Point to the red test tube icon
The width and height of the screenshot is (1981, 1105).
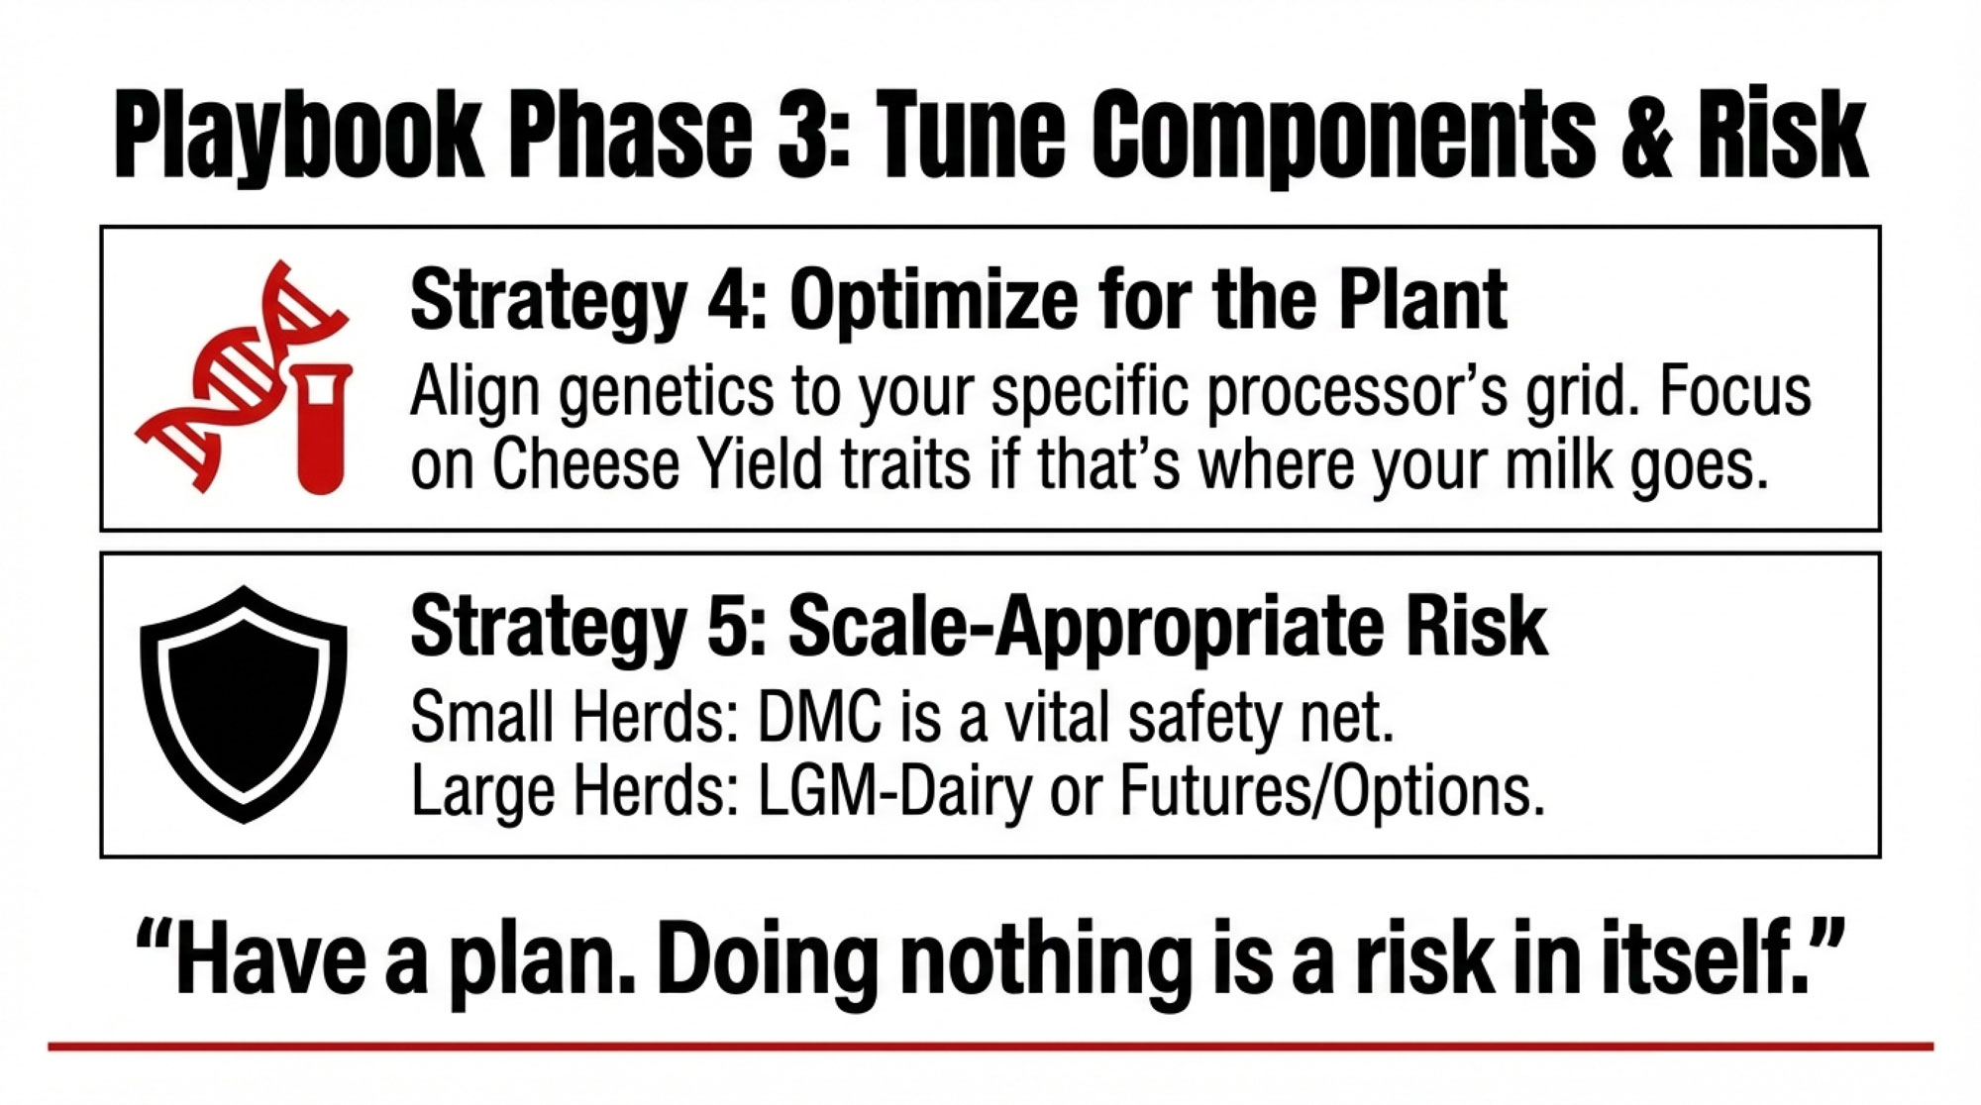click(x=323, y=428)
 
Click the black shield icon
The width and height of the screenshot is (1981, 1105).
click(x=244, y=704)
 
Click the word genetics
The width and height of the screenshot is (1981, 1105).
click(x=667, y=392)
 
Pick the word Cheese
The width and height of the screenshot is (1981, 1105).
click(x=585, y=465)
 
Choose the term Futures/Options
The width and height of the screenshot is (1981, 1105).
click(x=1332, y=791)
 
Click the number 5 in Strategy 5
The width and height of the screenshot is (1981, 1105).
click(x=735, y=627)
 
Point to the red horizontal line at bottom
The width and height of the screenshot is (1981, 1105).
click(x=990, y=1047)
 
